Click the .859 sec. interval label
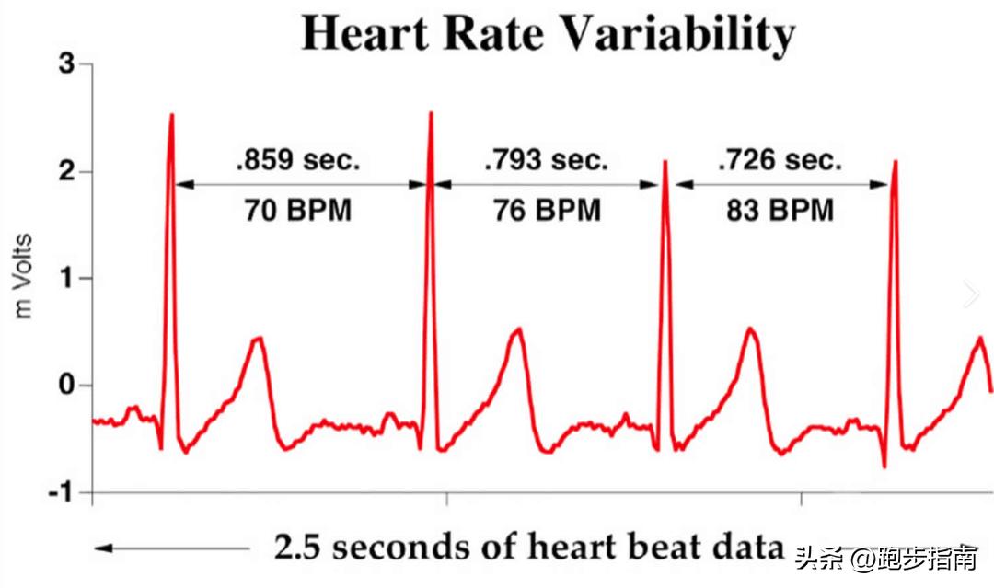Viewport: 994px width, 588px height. (x=299, y=160)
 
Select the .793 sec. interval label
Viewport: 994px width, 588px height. (x=547, y=160)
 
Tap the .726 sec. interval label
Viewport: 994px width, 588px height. (x=780, y=160)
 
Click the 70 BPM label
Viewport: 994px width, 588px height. (x=298, y=211)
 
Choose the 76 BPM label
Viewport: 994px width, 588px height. (x=547, y=211)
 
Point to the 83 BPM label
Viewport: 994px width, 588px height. (x=780, y=211)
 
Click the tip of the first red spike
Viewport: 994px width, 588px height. (x=172, y=116)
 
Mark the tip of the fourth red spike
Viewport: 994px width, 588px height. (x=895, y=162)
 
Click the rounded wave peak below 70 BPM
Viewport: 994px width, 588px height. (x=260, y=339)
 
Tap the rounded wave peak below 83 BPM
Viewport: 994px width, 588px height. (x=752, y=329)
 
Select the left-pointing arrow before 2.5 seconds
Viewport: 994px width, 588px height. (x=170, y=548)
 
